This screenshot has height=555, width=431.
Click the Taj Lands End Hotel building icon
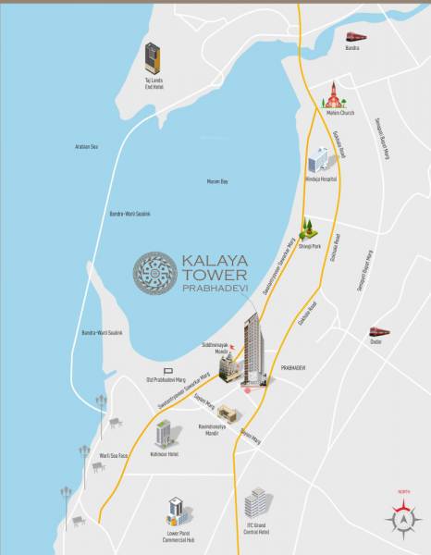[153, 59]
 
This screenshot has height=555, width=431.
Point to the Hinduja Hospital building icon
[319, 158]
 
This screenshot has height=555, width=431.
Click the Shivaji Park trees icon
[306, 228]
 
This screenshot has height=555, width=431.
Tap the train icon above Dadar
[377, 331]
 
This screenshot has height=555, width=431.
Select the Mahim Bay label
[217, 181]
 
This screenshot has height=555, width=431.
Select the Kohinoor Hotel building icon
[164, 432]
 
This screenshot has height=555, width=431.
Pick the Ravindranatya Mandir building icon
[227, 413]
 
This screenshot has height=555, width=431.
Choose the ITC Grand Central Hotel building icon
[258, 504]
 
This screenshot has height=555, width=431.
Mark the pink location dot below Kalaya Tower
[247, 389]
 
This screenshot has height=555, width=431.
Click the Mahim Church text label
[334, 116]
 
